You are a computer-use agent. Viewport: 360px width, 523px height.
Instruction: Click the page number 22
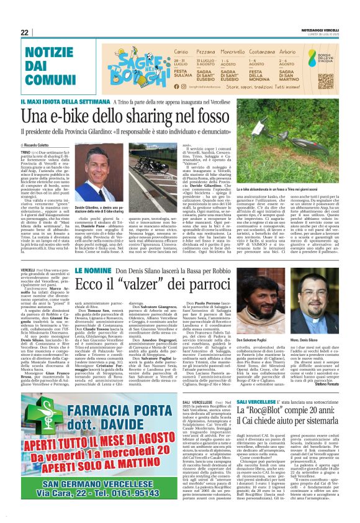tap(25, 32)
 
